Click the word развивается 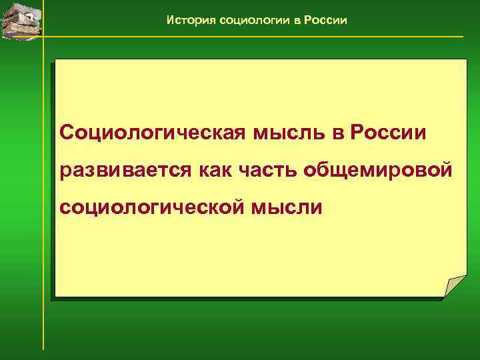coord(125,170)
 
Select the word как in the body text coord(217,170)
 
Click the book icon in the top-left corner coord(20,18)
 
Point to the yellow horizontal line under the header coord(267,36)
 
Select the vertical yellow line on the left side coord(43,200)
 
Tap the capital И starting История coord(171,20)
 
